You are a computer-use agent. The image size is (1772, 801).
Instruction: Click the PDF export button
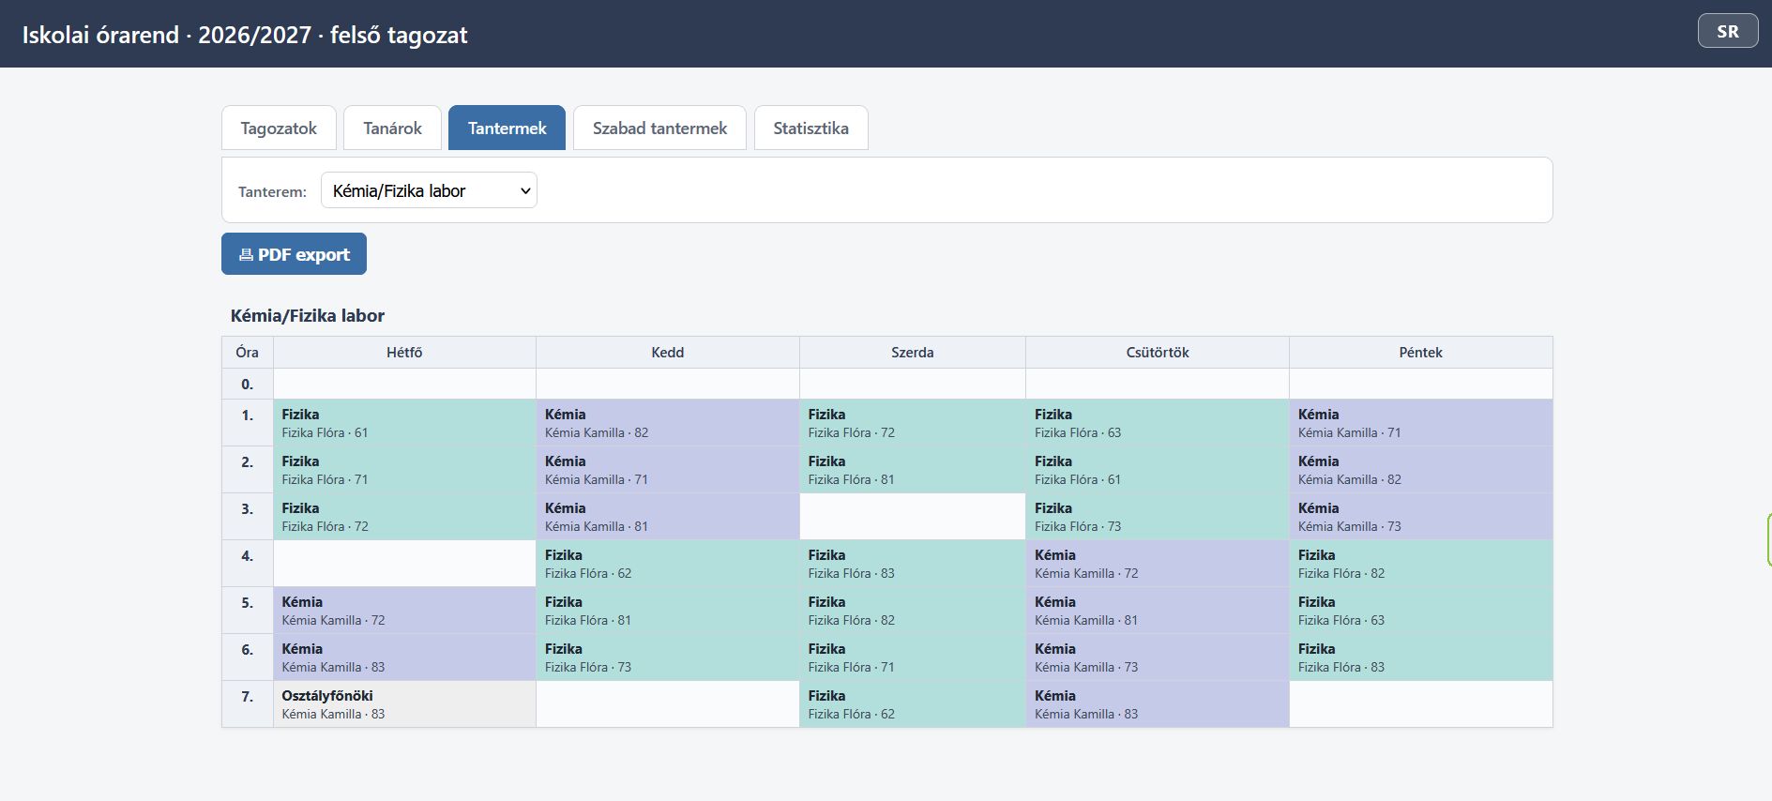294,254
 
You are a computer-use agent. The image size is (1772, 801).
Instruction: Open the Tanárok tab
392,128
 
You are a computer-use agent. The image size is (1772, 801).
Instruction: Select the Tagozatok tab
279,128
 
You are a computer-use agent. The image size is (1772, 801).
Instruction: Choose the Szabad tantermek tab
659,128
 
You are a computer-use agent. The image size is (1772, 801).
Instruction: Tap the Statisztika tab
810,128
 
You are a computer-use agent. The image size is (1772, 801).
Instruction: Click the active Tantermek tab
507,128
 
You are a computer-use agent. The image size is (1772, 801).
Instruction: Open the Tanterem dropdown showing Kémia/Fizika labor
429,190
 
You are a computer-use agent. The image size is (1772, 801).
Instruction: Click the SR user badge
1728,31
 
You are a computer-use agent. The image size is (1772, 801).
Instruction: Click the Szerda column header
913,353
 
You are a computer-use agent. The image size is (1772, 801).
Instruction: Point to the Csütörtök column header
1158,353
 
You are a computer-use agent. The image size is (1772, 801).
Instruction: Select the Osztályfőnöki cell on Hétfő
404,704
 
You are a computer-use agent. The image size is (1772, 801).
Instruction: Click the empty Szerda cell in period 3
913,517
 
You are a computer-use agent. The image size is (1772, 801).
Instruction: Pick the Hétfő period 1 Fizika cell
404,423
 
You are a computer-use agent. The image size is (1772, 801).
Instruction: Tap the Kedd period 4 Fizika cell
668,564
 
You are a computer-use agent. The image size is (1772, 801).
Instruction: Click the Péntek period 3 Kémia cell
1421,517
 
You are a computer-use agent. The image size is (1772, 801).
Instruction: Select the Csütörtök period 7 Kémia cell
1158,704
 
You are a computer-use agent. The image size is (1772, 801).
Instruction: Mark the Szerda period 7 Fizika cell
913,704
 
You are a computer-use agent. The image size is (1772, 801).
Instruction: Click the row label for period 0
248,384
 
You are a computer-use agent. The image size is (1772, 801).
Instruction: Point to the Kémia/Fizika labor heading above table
308,316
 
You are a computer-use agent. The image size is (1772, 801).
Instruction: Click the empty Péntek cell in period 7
1421,704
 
